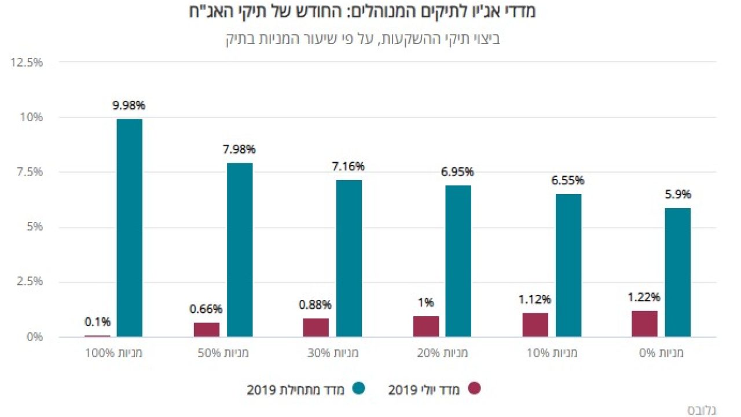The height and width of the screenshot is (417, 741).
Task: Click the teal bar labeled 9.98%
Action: click(129, 228)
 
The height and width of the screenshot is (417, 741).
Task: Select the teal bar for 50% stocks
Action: click(240, 250)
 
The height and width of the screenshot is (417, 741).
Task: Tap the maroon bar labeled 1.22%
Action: click(644, 324)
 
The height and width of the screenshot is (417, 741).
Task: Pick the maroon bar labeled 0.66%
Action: click(207, 330)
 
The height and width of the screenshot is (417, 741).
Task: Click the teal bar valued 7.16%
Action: click(349, 258)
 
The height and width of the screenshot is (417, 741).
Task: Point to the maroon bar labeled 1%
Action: click(426, 327)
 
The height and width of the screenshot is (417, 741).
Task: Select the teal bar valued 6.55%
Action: click(568, 265)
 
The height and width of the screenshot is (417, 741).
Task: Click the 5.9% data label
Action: click(678, 195)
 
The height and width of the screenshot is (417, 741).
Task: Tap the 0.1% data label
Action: click(97, 322)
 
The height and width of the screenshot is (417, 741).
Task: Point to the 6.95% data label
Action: click(458, 172)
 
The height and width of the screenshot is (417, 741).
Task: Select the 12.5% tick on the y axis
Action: click(27, 62)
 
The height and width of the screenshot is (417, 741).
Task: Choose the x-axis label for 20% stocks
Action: click(442, 353)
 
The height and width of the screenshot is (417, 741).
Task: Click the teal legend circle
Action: click(359, 389)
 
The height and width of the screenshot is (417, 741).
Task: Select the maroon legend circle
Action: click(475, 389)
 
